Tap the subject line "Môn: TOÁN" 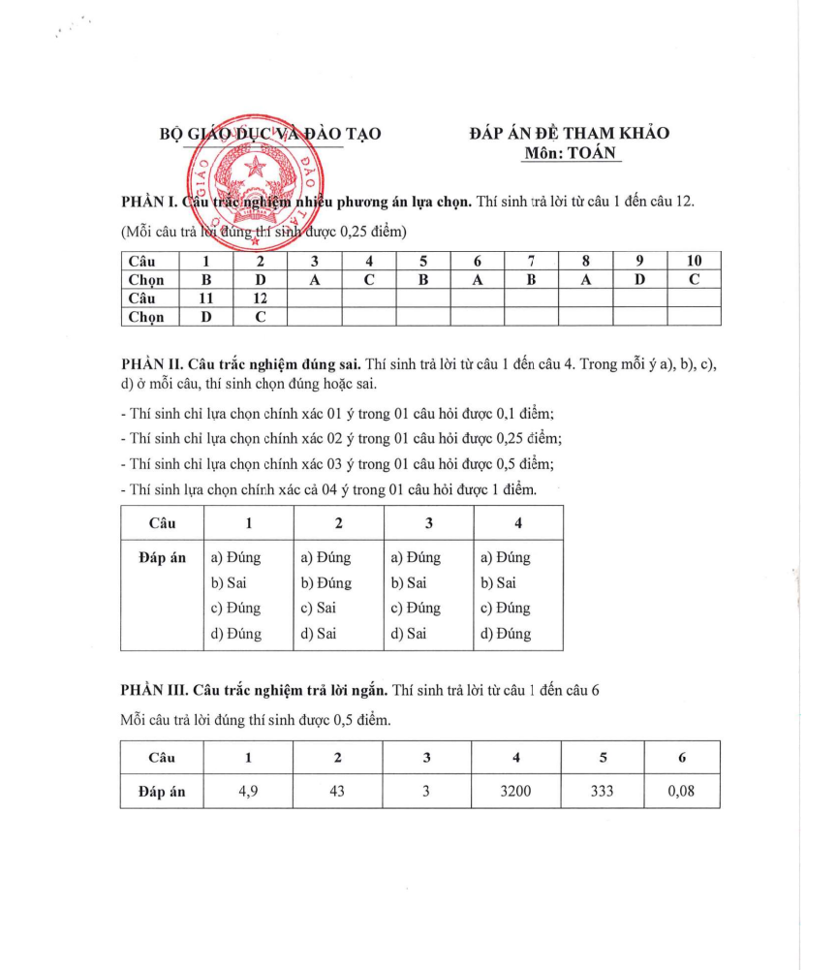[x=570, y=153]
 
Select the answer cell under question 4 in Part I [x=369, y=279]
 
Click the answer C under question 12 [x=261, y=316]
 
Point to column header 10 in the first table [x=695, y=261]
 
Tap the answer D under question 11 [x=205, y=316]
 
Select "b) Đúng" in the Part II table [x=326, y=583]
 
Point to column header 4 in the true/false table [x=518, y=523]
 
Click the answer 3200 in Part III [x=515, y=791]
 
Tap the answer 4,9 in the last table [x=248, y=791]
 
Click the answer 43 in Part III [x=337, y=791]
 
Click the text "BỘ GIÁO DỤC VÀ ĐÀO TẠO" [x=270, y=134]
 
